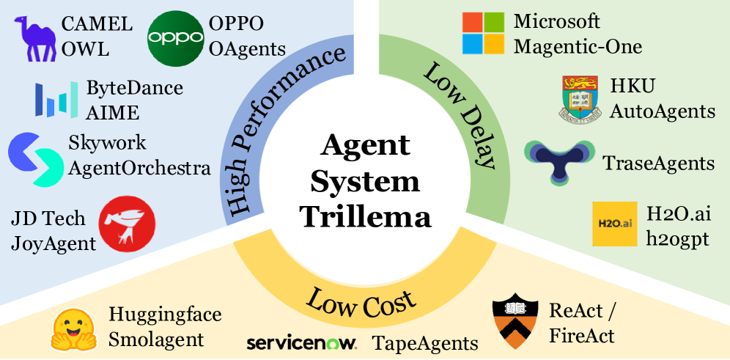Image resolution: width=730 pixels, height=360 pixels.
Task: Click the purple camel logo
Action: (x=36, y=39)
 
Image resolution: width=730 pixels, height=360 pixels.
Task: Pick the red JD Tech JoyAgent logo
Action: (x=127, y=224)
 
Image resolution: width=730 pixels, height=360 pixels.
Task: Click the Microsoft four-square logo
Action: (x=483, y=34)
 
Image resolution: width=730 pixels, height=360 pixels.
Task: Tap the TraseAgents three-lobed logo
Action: (x=558, y=156)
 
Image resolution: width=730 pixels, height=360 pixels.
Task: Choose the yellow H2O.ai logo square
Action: (x=615, y=224)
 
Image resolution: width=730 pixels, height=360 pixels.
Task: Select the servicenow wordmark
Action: (x=301, y=342)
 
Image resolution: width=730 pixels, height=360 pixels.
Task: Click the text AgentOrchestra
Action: (x=139, y=168)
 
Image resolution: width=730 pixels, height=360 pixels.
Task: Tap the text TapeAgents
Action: (x=425, y=342)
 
